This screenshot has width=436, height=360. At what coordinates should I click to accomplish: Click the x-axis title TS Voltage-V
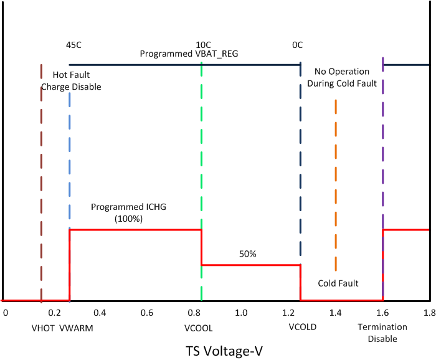[224, 351]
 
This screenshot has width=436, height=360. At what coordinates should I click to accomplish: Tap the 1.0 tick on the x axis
[241, 311]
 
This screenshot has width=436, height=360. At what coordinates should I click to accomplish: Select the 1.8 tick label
[429, 311]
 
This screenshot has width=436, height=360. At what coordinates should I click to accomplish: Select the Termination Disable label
[382, 333]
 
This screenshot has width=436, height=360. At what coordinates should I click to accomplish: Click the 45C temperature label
[74, 45]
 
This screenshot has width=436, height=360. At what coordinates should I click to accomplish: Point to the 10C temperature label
[203, 45]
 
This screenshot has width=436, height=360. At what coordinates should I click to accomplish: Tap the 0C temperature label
[298, 45]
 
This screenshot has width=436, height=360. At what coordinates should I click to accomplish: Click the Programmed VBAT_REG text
[189, 54]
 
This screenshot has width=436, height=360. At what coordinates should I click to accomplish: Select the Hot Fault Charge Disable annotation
[71, 81]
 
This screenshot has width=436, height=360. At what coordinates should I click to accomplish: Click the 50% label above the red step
[248, 254]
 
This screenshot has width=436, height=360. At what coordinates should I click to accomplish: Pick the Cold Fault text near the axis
[338, 283]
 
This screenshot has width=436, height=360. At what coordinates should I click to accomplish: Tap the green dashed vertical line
[202, 156]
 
